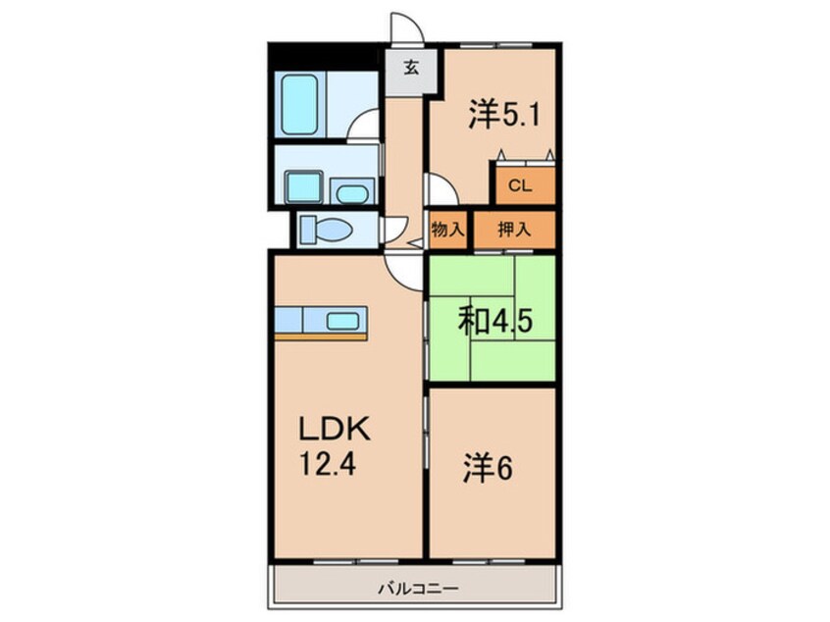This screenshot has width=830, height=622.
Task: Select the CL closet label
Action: coord(520,185)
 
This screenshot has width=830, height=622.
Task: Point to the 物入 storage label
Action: coord(447,231)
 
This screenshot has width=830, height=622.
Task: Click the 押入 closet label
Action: coord(513,231)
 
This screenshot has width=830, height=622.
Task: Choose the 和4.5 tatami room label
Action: coord(495,320)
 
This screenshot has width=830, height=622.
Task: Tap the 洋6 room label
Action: coord(489,468)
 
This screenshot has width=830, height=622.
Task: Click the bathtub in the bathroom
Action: coord(300,104)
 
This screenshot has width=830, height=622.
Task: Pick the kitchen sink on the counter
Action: coord(342,320)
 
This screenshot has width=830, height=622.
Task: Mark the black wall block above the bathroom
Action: coord(324,56)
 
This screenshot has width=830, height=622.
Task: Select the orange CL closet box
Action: coord(522,184)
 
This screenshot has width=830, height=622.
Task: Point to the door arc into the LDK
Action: coord(401,266)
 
